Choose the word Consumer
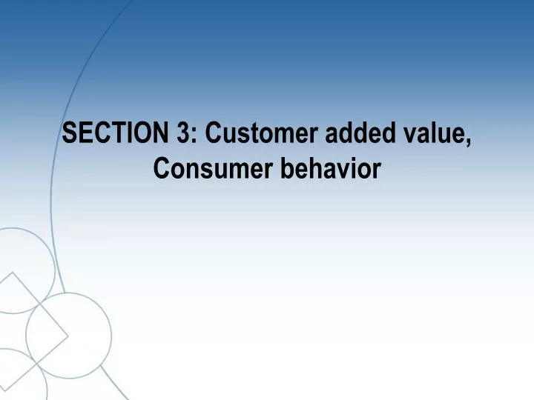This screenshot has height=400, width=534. coord(213,170)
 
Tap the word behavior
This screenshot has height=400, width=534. coord(330,170)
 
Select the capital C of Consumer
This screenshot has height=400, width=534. coord(160,170)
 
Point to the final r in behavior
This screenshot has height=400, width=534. coord(376,173)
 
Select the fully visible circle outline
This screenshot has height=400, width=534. coord(69,335)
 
